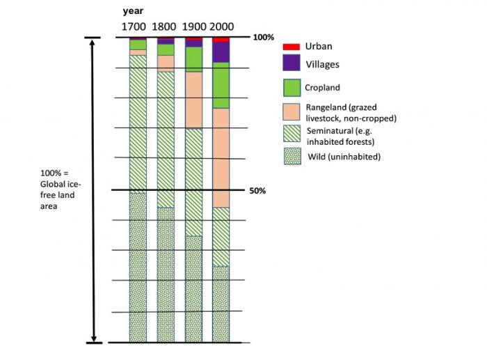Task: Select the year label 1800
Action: point(163,26)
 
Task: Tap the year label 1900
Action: point(194,26)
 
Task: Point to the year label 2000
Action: point(223,26)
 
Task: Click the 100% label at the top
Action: point(262,37)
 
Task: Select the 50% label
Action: point(258,190)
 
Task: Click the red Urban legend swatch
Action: point(290,47)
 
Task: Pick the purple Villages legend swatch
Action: point(290,63)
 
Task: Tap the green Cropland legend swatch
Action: point(291,88)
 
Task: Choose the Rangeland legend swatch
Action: point(291,112)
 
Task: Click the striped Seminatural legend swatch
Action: point(291,133)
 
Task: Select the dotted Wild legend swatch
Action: point(291,156)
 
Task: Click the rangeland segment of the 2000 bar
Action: point(221,157)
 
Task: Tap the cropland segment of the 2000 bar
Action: point(221,85)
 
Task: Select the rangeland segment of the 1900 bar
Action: point(193,100)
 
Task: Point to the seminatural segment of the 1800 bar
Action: point(166,139)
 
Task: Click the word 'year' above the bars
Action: point(134,11)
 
